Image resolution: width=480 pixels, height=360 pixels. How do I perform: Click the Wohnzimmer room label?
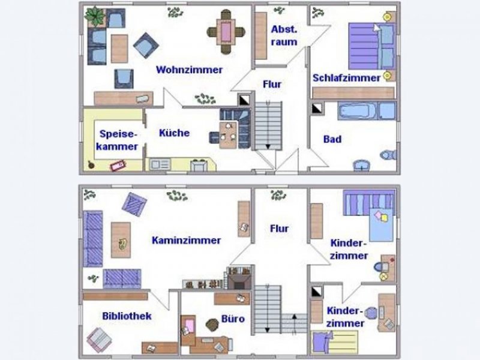coord(189,70)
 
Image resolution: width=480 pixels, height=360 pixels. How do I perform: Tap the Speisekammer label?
coord(117,140)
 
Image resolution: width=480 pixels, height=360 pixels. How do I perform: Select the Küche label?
coord(174,133)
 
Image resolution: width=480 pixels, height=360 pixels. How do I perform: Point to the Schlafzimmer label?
coord(347,78)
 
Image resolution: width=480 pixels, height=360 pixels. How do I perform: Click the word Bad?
coord(332,139)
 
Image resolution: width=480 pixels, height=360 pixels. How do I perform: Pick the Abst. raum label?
coord(284,36)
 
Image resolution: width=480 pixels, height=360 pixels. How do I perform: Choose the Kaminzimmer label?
coord(186,241)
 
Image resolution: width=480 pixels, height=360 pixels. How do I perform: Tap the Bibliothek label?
coord(127,316)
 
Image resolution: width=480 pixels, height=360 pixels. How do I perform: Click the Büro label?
coord(233,319)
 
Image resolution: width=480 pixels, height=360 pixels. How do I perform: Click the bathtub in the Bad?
coord(358,111)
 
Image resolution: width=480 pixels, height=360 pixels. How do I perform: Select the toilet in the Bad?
coord(388,155)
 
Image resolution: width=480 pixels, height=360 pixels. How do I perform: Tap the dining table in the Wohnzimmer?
coord(226,32)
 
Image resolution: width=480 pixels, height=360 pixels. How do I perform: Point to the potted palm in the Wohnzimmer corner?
coord(95,16)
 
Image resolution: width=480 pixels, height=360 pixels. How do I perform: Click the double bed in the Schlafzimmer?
coord(372,46)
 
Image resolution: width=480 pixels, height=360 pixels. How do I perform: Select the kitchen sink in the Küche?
coord(160,164)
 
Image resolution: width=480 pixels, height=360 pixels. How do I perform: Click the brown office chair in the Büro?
coord(212,325)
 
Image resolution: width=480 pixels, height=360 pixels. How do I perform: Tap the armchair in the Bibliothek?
coord(100,340)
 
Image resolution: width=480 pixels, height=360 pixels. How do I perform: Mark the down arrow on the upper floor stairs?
coord(268,146)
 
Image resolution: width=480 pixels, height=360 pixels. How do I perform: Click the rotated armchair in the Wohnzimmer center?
coord(146,46)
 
